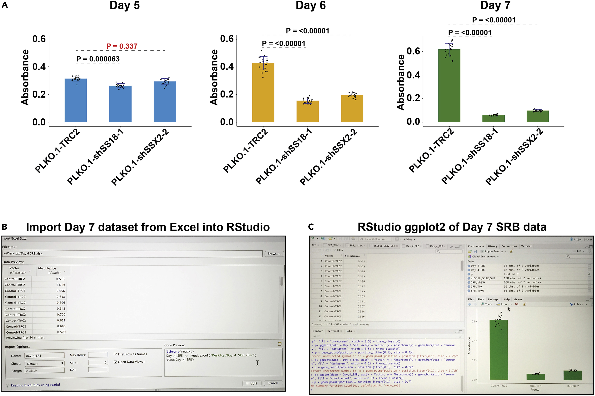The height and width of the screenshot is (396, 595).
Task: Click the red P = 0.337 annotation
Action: [122, 46]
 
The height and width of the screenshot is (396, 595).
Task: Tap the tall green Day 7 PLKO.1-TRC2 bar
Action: [449, 86]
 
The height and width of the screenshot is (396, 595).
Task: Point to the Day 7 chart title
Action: [495, 5]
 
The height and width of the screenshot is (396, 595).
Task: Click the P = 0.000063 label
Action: [98, 59]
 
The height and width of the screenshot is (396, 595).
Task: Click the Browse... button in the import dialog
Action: [274, 253]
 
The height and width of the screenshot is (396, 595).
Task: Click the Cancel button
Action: [273, 383]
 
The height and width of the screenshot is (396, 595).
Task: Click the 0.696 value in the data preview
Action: [61, 303]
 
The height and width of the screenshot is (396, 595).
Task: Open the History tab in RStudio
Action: [492, 246]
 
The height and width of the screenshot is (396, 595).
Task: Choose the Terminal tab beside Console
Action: [333, 331]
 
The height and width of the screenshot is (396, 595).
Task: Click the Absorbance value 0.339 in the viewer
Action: [361, 276]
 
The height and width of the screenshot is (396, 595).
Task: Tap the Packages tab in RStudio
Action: [494, 299]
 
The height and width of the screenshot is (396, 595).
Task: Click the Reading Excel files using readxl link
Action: [35, 385]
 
